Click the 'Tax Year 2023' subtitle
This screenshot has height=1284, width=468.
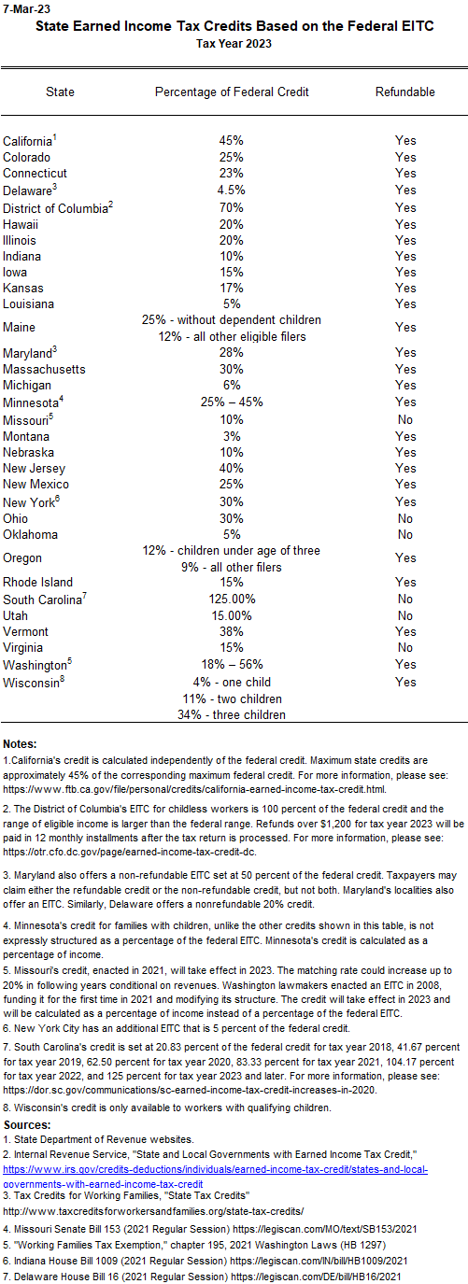[234, 43]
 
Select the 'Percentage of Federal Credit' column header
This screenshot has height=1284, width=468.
[231, 92]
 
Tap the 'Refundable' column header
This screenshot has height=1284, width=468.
[404, 92]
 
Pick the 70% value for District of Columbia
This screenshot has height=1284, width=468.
[231, 206]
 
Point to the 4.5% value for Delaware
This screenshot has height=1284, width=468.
[231, 190]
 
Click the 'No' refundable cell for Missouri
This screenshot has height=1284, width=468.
[404, 419]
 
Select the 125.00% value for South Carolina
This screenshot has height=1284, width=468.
[231, 599]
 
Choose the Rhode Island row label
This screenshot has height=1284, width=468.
[37, 582]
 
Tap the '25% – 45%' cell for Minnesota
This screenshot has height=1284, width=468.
[231, 402]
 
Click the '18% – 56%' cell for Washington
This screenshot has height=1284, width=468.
[231, 664]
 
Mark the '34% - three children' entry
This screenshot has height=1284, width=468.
[231, 715]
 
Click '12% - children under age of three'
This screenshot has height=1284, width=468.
[231, 549]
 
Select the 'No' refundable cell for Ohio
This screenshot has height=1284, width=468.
[404, 517]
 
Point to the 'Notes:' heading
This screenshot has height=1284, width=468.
[21, 743]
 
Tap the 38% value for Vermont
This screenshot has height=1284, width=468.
[231, 631]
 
